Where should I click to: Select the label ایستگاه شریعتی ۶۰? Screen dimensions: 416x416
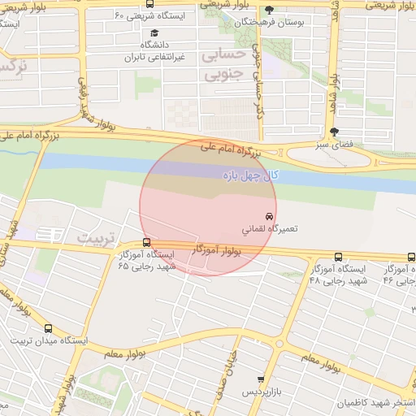tap(154, 16)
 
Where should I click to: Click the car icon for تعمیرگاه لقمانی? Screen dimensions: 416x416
tap(258, 216)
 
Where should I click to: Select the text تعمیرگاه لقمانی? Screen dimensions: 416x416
tap(270, 229)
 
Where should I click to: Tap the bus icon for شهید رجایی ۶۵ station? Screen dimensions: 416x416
tap(146, 242)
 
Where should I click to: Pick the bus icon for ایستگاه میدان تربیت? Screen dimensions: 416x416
tap(48, 329)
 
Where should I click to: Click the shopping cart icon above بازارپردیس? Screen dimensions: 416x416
tap(260, 379)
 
